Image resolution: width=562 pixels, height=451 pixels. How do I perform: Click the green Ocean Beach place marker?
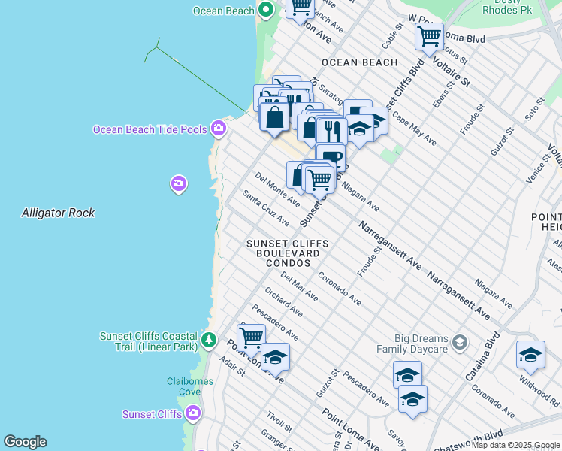(x=265, y=10)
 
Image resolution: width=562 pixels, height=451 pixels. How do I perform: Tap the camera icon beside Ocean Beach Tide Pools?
(x=219, y=129)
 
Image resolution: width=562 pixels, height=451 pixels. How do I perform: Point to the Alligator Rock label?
(x=58, y=213)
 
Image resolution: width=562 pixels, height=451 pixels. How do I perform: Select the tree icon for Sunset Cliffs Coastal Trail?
(x=210, y=341)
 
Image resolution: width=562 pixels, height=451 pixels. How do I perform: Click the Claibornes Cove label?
(x=189, y=386)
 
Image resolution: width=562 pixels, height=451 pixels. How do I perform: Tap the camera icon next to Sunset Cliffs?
(x=193, y=413)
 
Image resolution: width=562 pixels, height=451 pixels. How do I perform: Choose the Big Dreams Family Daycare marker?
(x=460, y=344)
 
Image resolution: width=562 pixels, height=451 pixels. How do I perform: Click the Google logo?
(x=25, y=442)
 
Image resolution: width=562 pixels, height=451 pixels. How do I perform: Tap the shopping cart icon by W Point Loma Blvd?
(x=429, y=35)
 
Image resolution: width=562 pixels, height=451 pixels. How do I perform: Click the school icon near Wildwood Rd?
(x=530, y=355)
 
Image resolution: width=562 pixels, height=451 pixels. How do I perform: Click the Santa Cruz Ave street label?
(x=266, y=207)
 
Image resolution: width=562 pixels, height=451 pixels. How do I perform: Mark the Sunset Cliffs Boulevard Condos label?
(x=289, y=253)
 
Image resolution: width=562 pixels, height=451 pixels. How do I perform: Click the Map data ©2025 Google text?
(x=515, y=445)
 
